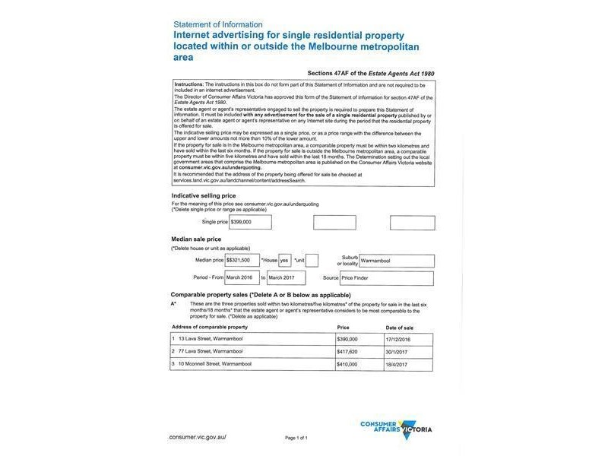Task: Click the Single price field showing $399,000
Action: pyautogui.click(x=250, y=223)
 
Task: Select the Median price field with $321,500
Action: pyautogui.click(x=242, y=260)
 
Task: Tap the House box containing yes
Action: pyautogui.click(x=285, y=260)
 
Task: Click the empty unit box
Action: pyautogui.click(x=312, y=260)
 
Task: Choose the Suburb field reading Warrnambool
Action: pyautogui.click(x=396, y=261)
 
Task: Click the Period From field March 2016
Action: pyautogui.click(x=242, y=278)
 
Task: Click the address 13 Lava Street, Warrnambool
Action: pyautogui.click(x=209, y=339)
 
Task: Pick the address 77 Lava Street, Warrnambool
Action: pyautogui.click(x=209, y=351)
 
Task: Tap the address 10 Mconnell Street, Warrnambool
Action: pyautogui.click(x=214, y=364)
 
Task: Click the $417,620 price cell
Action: pyautogui.click(x=347, y=351)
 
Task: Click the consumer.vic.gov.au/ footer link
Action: pyautogui.click(x=198, y=438)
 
